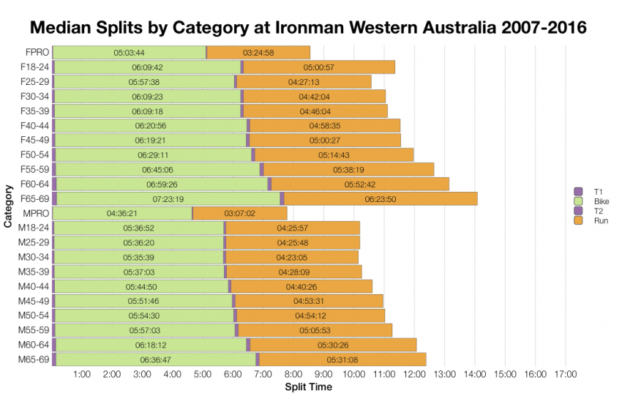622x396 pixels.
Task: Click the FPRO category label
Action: point(37,53)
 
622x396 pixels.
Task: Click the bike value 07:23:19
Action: point(168,199)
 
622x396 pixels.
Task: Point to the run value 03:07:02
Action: point(239,214)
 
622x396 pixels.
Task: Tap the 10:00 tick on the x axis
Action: point(354,375)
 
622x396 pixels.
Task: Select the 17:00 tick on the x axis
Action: point(566,375)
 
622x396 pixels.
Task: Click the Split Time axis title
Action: point(308,386)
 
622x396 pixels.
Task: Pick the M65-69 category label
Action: point(34,359)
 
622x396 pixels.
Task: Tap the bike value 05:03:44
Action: point(130,53)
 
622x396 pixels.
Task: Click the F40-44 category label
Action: point(34,126)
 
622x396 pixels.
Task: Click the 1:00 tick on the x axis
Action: point(83,375)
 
